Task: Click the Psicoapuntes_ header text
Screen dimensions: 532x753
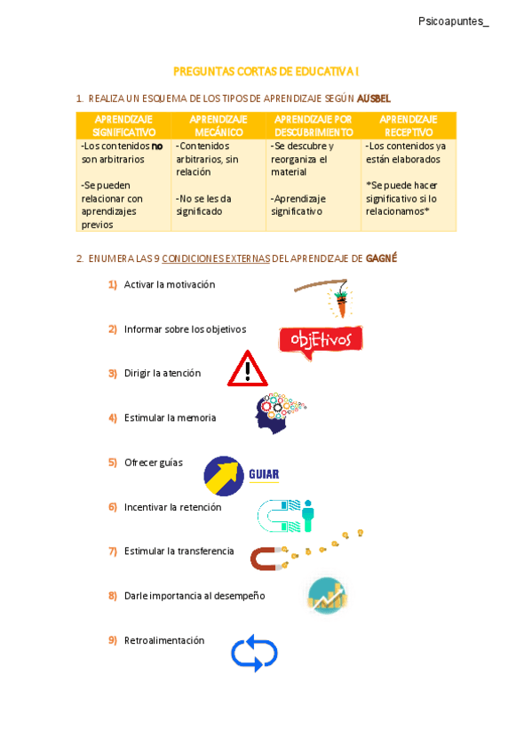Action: point(453,21)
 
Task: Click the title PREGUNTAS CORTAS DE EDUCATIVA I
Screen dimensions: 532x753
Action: point(266,70)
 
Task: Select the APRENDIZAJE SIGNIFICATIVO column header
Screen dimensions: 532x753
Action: point(123,125)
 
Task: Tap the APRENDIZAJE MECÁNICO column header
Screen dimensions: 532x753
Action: point(218,125)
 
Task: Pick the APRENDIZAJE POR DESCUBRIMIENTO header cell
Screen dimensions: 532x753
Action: point(314,125)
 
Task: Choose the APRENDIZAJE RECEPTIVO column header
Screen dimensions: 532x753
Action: point(408,125)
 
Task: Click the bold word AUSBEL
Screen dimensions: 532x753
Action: point(374,98)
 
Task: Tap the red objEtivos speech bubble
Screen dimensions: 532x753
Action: point(320,340)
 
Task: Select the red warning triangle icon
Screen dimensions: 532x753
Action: point(247,369)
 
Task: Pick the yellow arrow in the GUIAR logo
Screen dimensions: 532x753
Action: point(224,475)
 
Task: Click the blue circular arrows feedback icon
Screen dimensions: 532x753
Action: point(254,653)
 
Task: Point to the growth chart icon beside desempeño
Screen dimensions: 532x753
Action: point(327,595)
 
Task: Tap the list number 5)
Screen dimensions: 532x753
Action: point(113,463)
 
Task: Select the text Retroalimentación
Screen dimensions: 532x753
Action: point(164,640)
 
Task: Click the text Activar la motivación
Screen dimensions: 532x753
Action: point(170,285)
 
